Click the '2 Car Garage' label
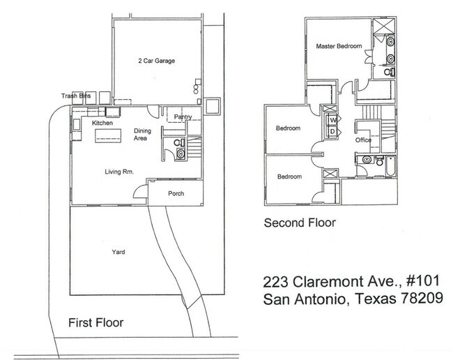pos(155,61)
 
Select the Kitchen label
pos(102,123)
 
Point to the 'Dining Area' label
pos(142,135)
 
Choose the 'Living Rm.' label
pos(119,172)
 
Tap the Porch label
pos(176,193)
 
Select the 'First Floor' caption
pos(97,322)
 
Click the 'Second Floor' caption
pos(299,223)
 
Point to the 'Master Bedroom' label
pos(339,47)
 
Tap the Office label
pos(363,140)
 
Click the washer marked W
pos(332,119)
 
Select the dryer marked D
pos(332,130)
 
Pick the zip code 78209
pos(420,300)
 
